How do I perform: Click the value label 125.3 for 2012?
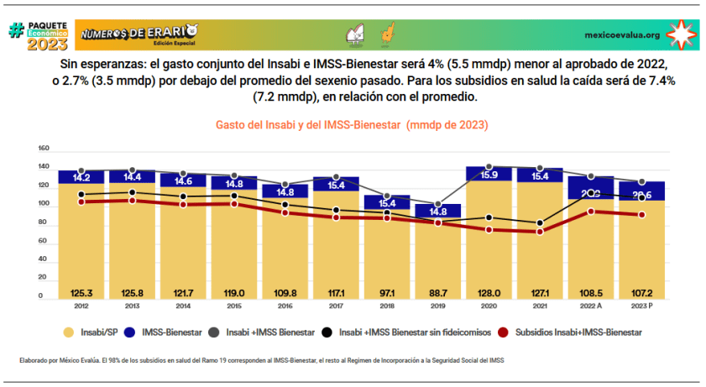click(81, 293)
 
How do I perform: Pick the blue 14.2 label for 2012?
click(81, 178)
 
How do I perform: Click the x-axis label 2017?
click(336, 306)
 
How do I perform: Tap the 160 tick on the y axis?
click(44, 149)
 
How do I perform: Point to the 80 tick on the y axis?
click(43, 222)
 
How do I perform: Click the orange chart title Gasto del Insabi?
click(353, 124)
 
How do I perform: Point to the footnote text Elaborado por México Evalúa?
click(59, 360)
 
